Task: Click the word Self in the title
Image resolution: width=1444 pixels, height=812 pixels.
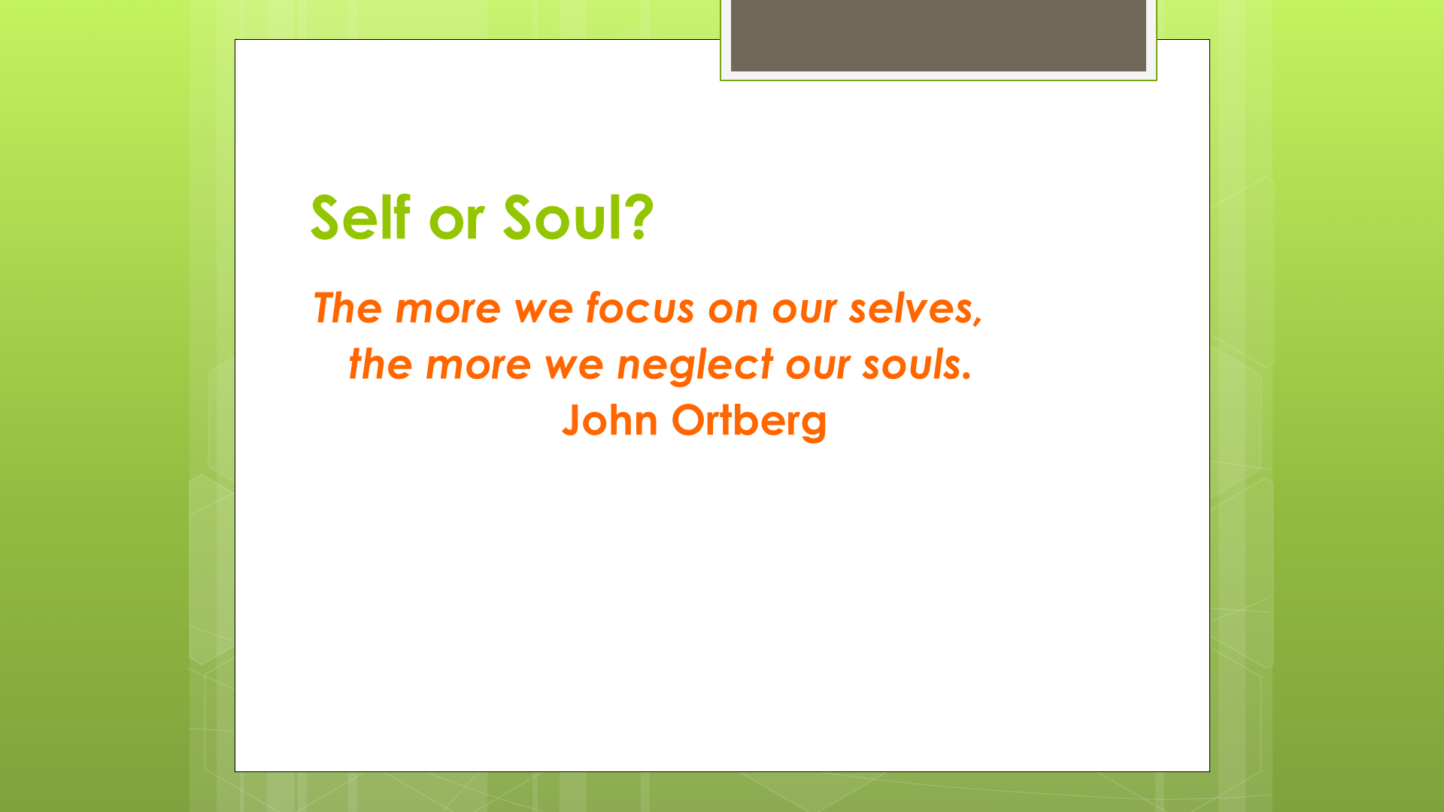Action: point(360,217)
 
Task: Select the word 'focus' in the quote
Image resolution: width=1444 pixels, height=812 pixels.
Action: point(640,308)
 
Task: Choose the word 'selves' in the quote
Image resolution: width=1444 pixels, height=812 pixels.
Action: point(915,309)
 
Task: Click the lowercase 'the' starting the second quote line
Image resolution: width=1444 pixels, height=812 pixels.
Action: point(380,364)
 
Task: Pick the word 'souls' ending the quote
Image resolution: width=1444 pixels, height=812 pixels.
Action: point(917,364)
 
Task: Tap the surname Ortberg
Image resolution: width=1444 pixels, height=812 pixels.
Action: point(749,421)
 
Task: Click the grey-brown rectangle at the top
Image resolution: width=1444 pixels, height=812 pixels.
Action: point(939,36)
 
